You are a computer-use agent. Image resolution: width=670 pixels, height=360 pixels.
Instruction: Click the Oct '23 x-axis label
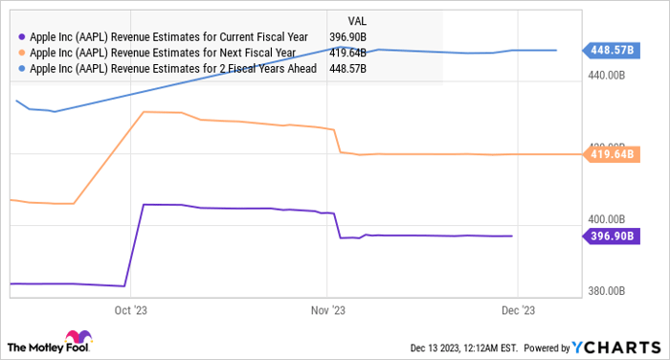(131, 309)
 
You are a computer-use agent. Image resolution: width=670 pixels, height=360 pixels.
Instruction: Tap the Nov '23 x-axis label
(326, 309)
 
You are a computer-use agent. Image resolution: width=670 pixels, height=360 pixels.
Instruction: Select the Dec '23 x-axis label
(518, 309)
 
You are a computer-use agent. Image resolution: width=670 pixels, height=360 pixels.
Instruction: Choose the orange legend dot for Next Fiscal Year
(21, 53)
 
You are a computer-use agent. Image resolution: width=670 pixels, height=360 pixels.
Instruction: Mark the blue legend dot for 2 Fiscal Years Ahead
(21, 69)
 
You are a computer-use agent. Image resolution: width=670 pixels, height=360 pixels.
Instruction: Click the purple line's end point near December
(512, 236)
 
